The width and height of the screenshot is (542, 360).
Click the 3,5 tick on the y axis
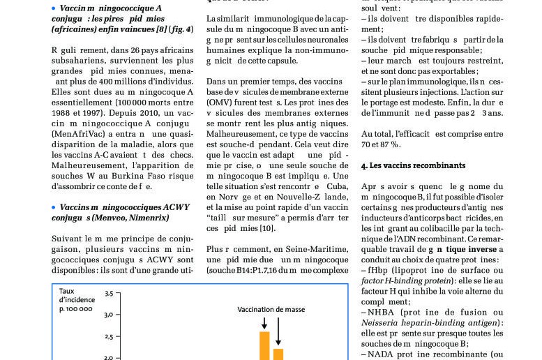[x=108, y=294]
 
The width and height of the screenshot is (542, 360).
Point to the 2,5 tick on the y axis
[x=108, y=336]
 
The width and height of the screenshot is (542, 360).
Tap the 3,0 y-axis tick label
[x=108, y=315]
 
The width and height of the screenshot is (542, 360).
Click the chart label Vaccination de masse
[x=271, y=309]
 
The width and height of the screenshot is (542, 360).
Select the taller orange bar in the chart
[x=264, y=345]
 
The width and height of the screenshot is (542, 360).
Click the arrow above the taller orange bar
[x=264, y=322]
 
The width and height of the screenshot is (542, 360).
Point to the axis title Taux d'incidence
[x=75, y=299]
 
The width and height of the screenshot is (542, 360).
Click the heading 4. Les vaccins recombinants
[x=413, y=165]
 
